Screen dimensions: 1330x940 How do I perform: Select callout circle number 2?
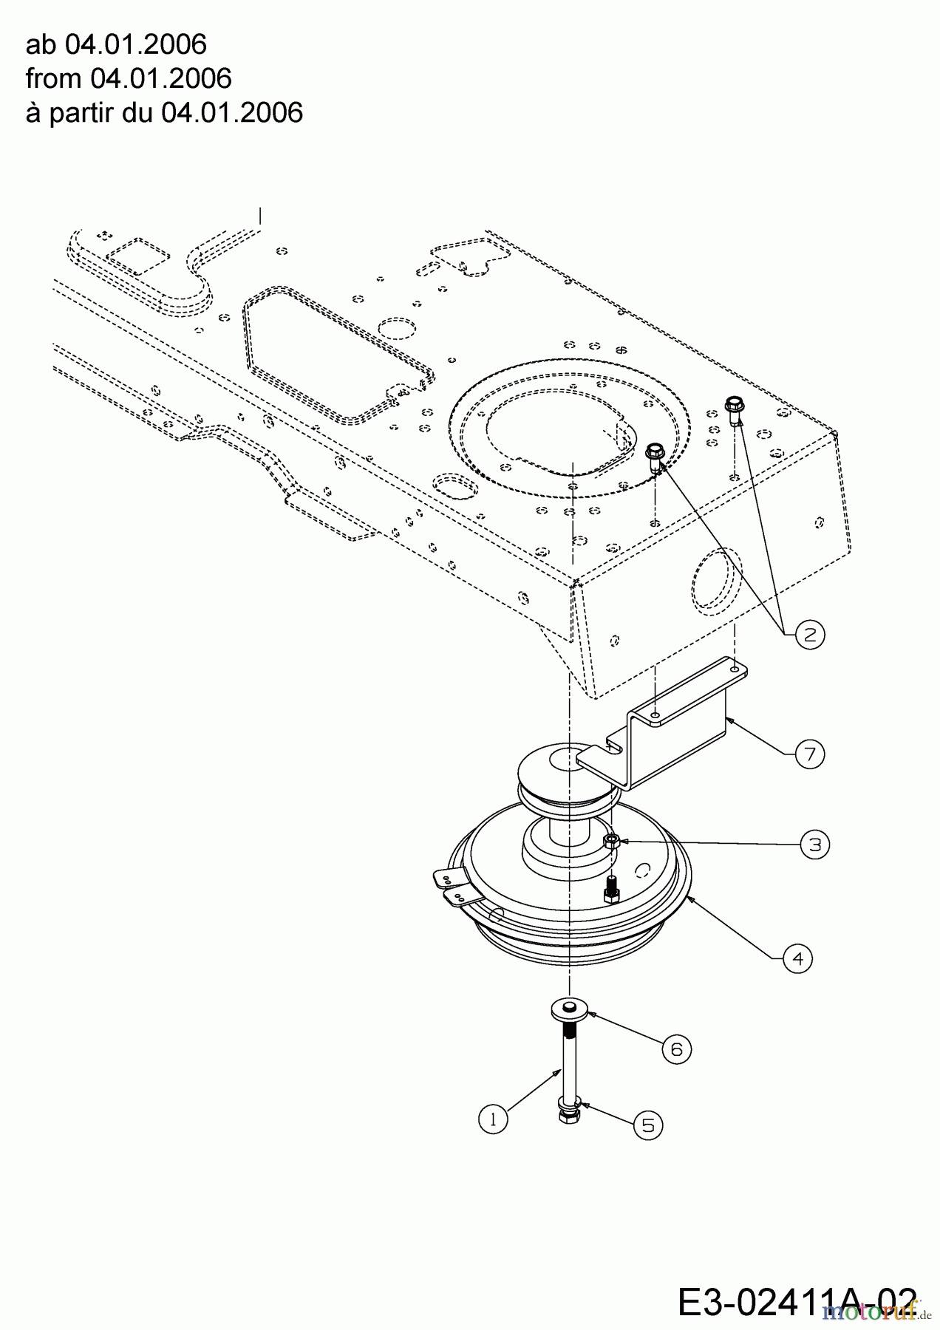(810, 634)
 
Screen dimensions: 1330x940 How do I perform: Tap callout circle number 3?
(815, 844)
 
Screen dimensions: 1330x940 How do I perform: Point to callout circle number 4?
(797, 959)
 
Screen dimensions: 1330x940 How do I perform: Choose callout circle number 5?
(648, 1125)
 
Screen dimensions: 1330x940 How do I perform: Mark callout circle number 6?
(677, 1048)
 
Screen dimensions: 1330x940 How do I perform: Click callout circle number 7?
(810, 754)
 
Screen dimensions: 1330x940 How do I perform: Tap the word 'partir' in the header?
(81, 113)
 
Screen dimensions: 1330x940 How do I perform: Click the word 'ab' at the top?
(41, 45)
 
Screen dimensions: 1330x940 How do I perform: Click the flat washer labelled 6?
(569, 1008)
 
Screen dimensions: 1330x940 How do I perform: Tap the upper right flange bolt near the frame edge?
(735, 408)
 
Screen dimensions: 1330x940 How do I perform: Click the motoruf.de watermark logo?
(872, 1312)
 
